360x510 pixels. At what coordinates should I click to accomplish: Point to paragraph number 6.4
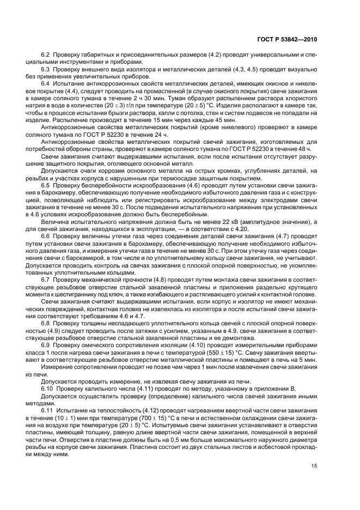pyautogui.click(x=46, y=83)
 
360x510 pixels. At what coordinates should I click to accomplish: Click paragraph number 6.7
pyautogui.click(x=46, y=278)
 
